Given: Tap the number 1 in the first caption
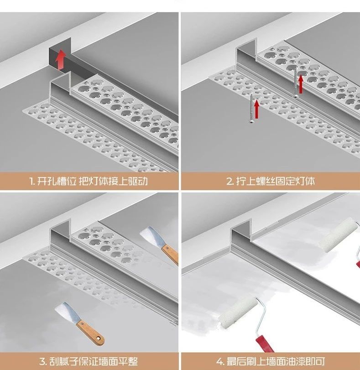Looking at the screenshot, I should point(31,181).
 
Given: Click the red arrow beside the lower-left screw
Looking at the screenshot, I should point(257,109).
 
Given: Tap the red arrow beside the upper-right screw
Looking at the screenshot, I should point(301,83).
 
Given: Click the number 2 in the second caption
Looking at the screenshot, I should point(230,181).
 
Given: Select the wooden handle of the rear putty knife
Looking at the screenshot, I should point(169,255).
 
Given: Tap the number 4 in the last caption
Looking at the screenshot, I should point(220,361).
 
